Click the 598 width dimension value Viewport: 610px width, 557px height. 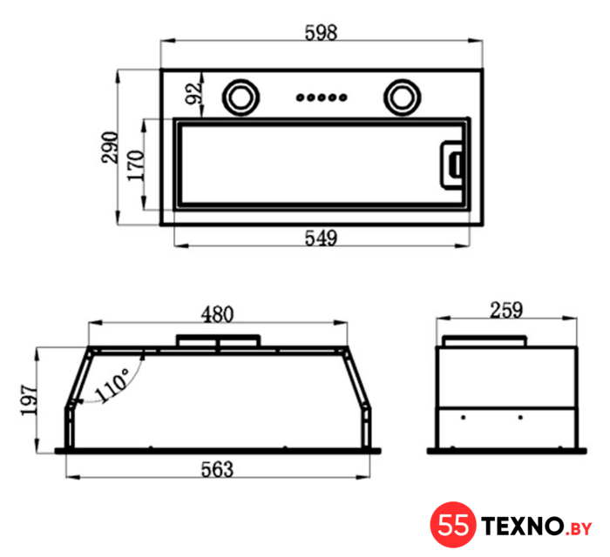click(x=321, y=32)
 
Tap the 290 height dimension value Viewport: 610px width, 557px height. click(x=109, y=147)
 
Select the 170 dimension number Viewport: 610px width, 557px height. click(x=136, y=165)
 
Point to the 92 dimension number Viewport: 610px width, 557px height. click(x=193, y=94)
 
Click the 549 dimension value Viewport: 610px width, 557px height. click(x=321, y=238)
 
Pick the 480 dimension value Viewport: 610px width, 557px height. click(x=218, y=314)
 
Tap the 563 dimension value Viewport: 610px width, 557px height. click(x=218, y=469)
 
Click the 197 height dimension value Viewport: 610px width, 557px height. click(x=29, y=400)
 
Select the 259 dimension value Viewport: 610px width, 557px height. click(x=506, y=310)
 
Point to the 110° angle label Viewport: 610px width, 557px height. click(x=112, y=385)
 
